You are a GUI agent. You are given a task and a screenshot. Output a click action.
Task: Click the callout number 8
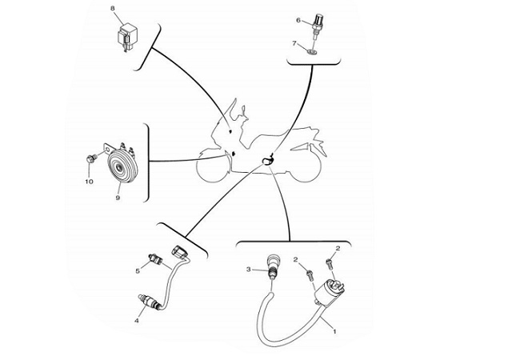point(113,8)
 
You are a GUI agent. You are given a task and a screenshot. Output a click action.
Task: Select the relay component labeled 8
point(127,36)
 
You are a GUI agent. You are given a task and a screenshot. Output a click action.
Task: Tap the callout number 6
point(298,20)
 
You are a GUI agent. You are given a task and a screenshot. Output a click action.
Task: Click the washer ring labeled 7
point(313,51)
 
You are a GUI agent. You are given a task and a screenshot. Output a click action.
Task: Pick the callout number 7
point(294,43)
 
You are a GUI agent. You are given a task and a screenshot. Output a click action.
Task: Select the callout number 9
point(118,198)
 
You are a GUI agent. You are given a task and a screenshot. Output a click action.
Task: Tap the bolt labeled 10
point(91,159)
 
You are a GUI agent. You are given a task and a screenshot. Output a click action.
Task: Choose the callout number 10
point(89,182)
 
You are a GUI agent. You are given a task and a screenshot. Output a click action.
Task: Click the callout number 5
point(138,271)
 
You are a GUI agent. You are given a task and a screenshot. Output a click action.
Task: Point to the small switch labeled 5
point(155,259)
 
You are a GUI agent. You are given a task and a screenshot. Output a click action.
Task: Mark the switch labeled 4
point(148,301)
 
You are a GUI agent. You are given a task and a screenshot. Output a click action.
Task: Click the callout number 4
point(137,321)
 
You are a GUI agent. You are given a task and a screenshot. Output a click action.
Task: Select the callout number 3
point(249,270)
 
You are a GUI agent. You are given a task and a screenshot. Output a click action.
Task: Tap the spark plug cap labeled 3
point(273,267)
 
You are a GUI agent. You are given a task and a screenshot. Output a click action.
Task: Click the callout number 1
point(334,331)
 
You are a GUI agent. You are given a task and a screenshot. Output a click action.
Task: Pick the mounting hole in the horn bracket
point(106,150)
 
